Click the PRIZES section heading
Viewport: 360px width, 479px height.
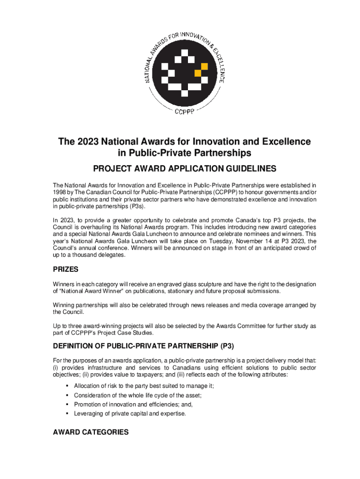(x=65, y=270)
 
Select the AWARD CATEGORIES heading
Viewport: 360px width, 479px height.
(x=90, y=432)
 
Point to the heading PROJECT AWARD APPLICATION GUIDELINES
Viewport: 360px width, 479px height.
(x=180, y=169)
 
